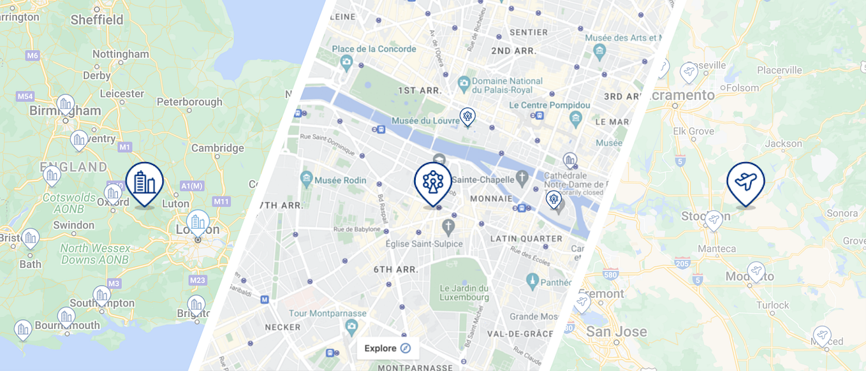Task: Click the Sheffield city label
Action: pyautogui.click(x=97, y=20)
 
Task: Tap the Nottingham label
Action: pyautogui.click(x=121, y=54)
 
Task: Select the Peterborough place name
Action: pyautogui.click(x=189, y=102)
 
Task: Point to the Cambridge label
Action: pyautogui.click(x=217, y=148)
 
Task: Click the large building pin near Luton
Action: pyautogui.click(x=145, y=182)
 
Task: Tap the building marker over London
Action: pyautogui.click(x=198, y=222)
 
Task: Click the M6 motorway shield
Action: pyautogui.click(x=33, y=55)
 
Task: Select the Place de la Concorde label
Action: pyautogui.click(x=374, y=49)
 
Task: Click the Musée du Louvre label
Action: pyautogui.click(x=418, y=121)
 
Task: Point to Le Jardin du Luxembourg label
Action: pyautogui.click(x=464, y=293)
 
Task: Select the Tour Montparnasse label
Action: pyautogui.click(x=327, y=313)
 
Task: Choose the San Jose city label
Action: pyautogui.click(x=616, y=331)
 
